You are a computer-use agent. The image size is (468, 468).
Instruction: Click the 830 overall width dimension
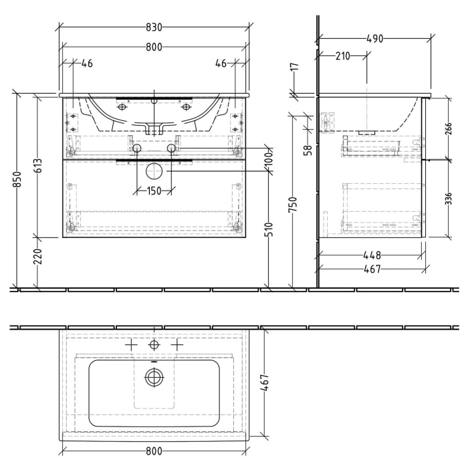point(154,28)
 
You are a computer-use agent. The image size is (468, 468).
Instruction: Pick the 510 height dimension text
point(269,231)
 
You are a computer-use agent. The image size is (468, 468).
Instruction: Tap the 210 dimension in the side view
point(342,57)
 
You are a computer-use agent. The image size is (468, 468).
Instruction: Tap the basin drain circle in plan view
point(154,378)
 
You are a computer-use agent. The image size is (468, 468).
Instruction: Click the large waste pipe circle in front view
point(154,171)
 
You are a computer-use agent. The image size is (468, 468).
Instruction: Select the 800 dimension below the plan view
point(154,452)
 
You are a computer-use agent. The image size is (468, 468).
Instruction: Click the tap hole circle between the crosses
point(154,345)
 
